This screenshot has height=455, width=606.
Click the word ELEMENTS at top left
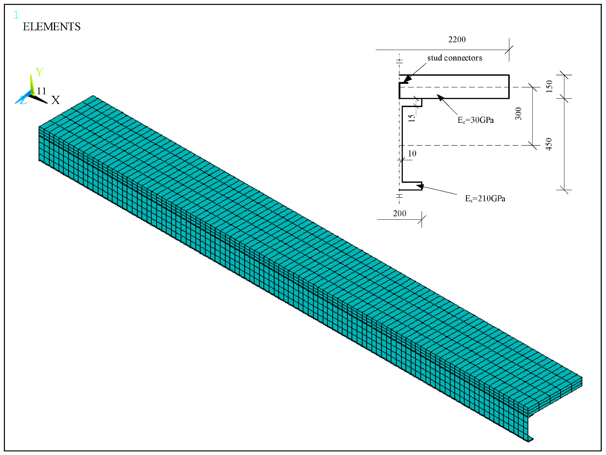pyautogui.click(x=51, y=27)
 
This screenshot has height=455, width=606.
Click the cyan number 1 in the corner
pyautogui.click(x=16, y=15)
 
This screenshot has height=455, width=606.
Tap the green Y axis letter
pyautogui.click(x=39, y=72)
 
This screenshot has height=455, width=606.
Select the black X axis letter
pyautogui.click(x=55, y=100)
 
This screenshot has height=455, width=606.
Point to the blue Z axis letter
pyautogui.click(x=23, y=100)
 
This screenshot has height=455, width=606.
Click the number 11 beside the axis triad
pyautogui.click(x=42, y=91)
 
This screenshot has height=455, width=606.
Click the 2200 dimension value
pyautogui.click(x=457, y=39)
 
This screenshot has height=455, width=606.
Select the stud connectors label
pyautogui.click(x=455, y=58)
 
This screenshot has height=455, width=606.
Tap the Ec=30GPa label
pyautogui.click(x=475, y=120)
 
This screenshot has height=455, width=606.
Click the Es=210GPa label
pyautogui.click(x=485, y=199)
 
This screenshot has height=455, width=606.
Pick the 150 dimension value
pyautogui.click(x=549, y=86)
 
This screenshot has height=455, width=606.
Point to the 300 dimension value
pyautogui.click(x=518, y=114)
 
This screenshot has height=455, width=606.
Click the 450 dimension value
pyautogui.click(x=549, y=144)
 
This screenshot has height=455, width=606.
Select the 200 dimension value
pyautogui.click(x=400, y=213)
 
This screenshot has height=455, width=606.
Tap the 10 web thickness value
pyautogui.click(x=412, y=154)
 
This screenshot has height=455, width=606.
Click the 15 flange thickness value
pyautogui.click(x=411, y=118)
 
